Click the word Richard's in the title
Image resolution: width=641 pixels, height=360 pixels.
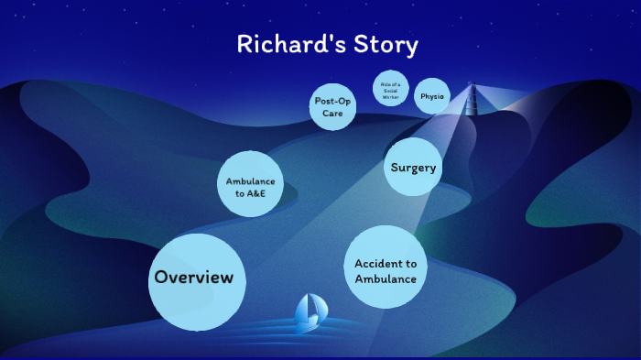click(285, 44)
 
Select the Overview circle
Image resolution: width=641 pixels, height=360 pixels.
click(198, 281)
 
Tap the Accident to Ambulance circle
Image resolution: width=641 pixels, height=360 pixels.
click(386, 267)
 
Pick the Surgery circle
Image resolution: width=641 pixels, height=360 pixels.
click(413, 167)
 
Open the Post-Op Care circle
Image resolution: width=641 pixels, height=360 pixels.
click(332, 107)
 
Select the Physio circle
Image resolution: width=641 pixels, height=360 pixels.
click(432, 96)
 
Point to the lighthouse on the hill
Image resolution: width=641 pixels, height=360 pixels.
click(473, 99)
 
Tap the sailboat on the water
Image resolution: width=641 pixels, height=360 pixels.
click(309, 313)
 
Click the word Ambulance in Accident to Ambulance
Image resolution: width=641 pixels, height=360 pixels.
click(386, 278)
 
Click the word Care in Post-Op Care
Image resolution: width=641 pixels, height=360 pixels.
click(332, 114)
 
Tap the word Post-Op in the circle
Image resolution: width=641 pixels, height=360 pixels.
click(332, 101)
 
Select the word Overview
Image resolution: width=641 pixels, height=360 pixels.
click(194, 278)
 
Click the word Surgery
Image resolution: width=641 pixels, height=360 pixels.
click(413, 167)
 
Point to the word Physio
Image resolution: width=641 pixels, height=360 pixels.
click(432, 96)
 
